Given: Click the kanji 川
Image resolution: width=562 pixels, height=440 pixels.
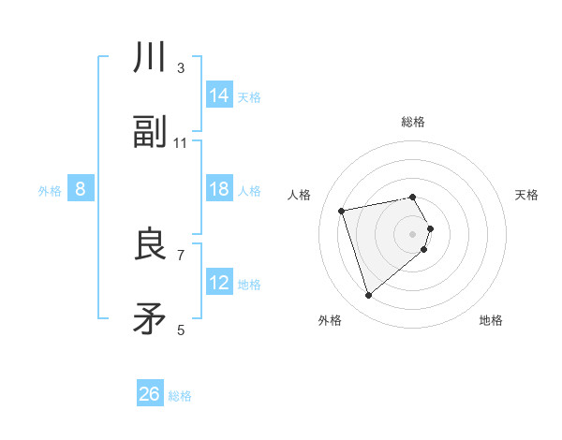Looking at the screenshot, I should pyautogui.click(x=150, y=58).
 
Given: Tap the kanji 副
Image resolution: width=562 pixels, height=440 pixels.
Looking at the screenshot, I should pyautogui.click(x=150, y=133).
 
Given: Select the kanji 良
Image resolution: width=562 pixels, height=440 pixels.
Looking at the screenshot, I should pyautogui.click(x=150, y=244).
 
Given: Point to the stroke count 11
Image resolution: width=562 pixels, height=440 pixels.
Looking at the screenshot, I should pyautogui.click(x=181, y=143).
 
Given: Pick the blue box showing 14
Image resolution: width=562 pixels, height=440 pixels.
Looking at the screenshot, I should pyautogui.click(x=219, y=95).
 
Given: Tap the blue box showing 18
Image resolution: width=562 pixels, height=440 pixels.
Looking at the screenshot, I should pyautogui.click(x=219, y=189).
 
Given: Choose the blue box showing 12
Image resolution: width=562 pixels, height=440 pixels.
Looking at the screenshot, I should pyautogui.click(x=219, y=283).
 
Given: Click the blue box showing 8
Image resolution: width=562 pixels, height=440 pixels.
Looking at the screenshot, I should pyautogui.click(x=81, y=189).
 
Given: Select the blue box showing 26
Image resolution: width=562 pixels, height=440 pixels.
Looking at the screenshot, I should pyautogui.click(x=150, y=394).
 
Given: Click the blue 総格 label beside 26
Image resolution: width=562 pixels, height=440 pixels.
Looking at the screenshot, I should pyautogui.click(x=180, y=396).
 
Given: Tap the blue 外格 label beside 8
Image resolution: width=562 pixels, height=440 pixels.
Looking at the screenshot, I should pyautogui.click(x=50, y=191).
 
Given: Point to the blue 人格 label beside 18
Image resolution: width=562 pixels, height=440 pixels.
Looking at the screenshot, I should pyautogui.click(x=249, y=191).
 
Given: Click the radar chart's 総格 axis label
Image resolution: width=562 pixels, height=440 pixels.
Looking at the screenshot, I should pyautogui.click(x=413, y=122).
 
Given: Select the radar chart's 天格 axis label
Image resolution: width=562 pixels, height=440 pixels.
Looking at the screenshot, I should pyautogui.click(x=527, y=195).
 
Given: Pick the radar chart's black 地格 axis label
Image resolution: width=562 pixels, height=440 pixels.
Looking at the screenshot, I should pyautogui.click(x=491, y=320).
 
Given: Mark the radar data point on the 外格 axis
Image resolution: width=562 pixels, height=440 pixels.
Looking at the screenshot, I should pyautogui.click(x=368, y=296).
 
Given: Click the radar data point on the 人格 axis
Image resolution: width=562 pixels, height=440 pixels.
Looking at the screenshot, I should pyautogui.click(x=342, y=210).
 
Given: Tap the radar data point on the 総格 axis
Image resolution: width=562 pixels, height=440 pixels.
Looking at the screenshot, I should pyautogui.click(x=413, y=197).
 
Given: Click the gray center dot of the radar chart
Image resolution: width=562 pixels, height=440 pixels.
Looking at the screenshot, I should pyautogui.click(x=413, y=233).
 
